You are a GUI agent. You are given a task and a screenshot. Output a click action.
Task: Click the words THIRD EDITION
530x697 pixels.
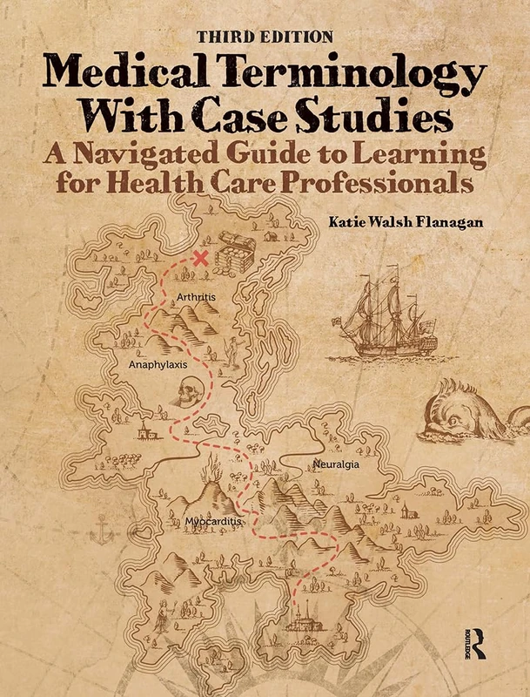(265, 37)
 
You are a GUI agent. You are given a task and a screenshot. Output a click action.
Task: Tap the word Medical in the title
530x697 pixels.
(117, 70)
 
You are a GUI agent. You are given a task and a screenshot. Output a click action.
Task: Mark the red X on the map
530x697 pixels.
(202, 258)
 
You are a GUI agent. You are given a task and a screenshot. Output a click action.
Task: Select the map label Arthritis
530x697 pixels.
(195, 297)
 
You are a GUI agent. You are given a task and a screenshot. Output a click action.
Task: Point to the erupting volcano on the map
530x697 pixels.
(209, 484)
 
